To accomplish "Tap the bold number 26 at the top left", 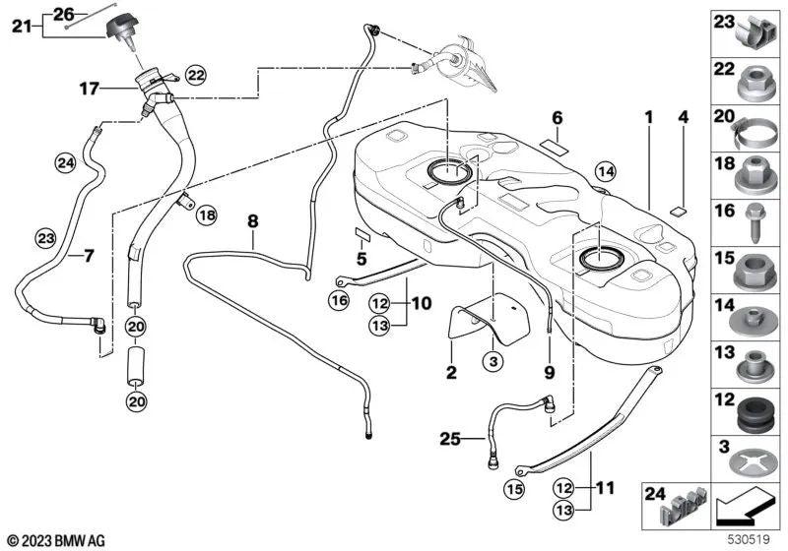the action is point(64,15).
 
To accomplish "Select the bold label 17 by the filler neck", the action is point(90,90).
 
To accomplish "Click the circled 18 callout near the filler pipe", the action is point(206,215).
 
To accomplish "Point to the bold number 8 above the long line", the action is point(253,220).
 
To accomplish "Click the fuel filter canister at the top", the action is point(465,64).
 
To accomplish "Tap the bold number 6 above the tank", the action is point(558,118).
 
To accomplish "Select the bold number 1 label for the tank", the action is point(649,118).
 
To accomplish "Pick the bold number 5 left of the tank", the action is point(361,259).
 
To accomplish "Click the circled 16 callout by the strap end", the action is point(339,301).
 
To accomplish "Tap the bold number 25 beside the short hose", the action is point(450,439).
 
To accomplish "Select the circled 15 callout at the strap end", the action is point(514,489).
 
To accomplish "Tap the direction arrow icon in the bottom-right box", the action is point(746,507).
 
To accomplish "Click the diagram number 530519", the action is point(750,539).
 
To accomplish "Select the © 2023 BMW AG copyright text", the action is point(56,541).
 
